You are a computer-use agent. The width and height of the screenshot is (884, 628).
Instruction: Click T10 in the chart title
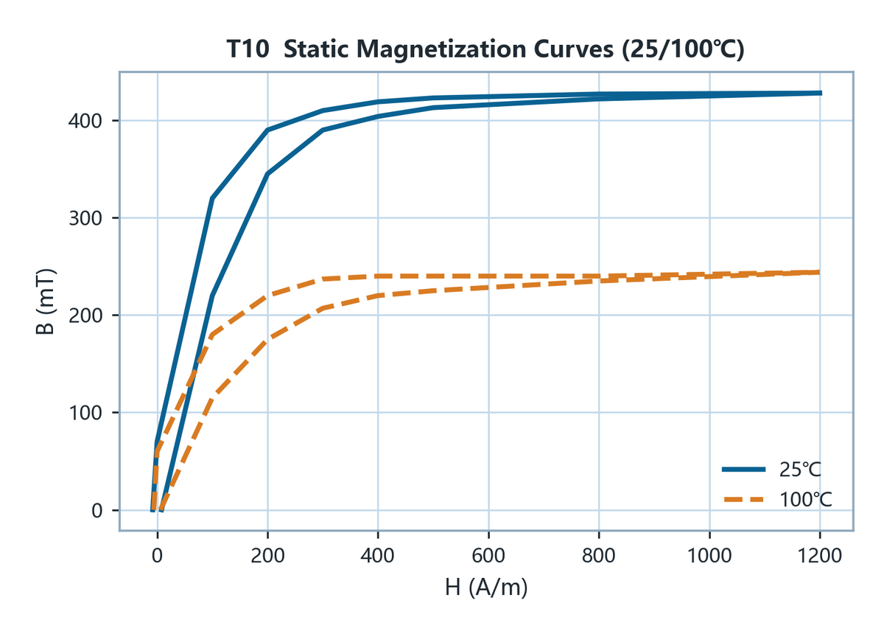(x=248, y=49)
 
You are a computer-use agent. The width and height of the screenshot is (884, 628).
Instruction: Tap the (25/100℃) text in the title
(x=683, y=49)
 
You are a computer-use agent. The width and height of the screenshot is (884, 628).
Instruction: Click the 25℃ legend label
(x=800, y=470)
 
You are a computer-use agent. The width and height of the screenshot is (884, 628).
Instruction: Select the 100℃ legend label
(x=806, y=500)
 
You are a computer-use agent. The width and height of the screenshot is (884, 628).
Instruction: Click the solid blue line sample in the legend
(x=743, y=470)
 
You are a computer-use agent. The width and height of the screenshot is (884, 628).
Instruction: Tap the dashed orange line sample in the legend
(x=743, y=500)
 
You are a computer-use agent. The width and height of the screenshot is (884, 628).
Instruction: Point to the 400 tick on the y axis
(x=85, y=120)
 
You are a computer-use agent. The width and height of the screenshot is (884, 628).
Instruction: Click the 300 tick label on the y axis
(x=85, y=218)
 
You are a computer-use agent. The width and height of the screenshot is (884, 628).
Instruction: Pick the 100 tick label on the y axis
(x=85, y=413)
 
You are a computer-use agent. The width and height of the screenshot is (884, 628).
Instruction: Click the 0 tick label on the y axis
(x=97, y=511)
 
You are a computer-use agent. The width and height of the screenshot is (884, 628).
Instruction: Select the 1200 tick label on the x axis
(x=820, y=556)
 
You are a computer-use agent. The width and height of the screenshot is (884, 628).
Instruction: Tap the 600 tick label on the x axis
(x=488, y=556)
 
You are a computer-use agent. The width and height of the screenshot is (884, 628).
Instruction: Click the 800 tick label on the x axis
(x=599, y=556)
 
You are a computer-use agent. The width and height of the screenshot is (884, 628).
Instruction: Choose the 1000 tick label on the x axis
(x=709, y=556)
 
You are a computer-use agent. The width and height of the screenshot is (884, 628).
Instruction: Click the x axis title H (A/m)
(x=486, y=587)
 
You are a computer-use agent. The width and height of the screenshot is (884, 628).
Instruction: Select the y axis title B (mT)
(x=45, y=301)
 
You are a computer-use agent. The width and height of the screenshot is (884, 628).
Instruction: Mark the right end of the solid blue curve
(x=821, y=93)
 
